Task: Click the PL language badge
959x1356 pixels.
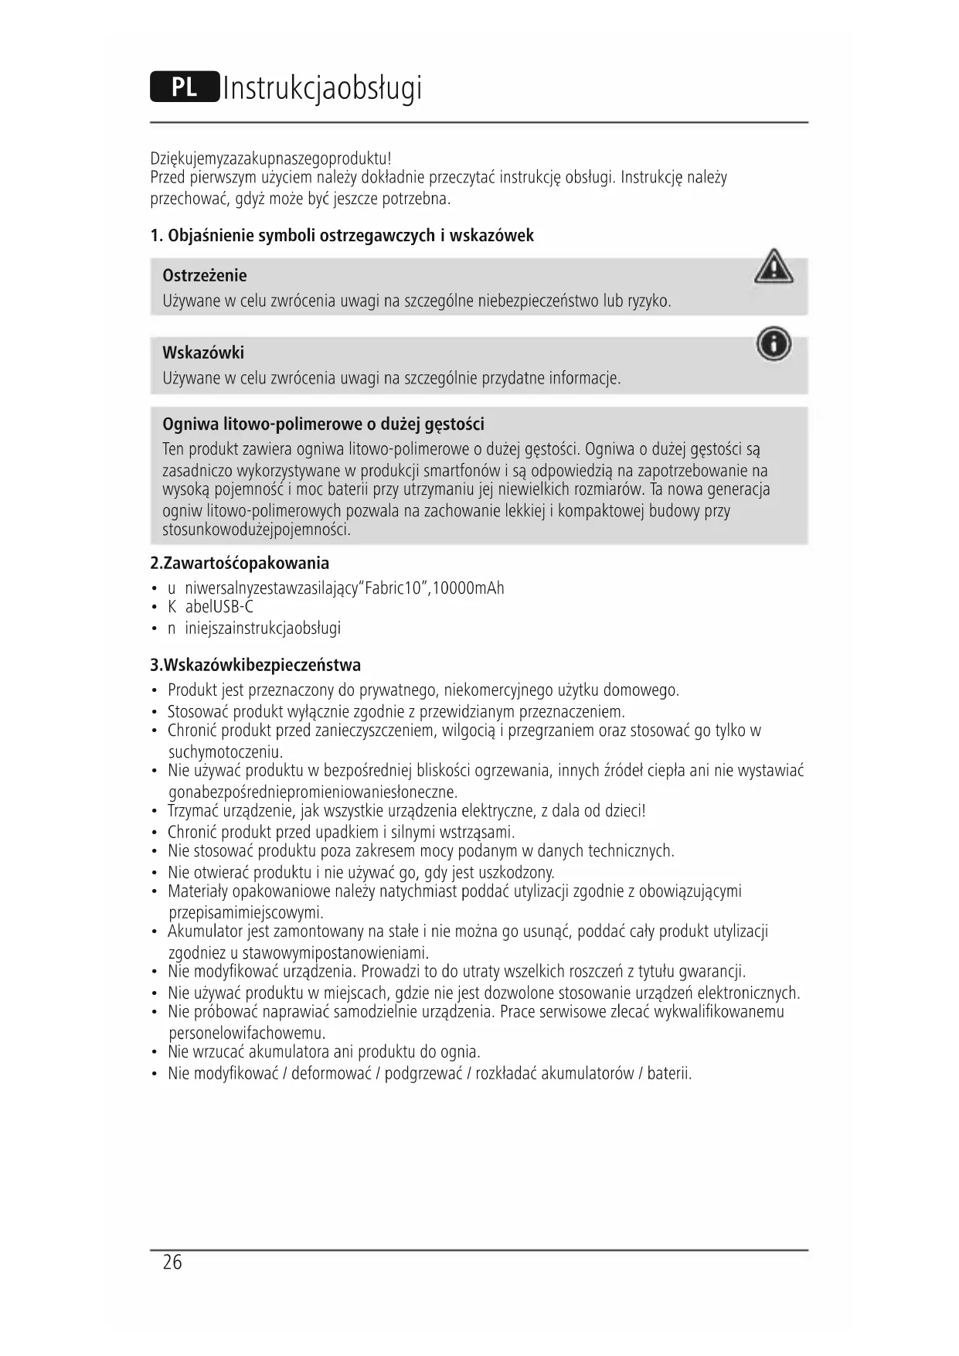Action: click(x=185, y=87)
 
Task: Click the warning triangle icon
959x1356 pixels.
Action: click(x=773, y=267)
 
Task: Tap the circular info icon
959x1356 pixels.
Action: click(x=774, y=344)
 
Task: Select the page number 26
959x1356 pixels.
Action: click(x=172, y=1262)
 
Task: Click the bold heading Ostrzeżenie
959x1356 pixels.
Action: click(x=205, y=276)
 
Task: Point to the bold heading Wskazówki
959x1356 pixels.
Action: click(x=203, y=353)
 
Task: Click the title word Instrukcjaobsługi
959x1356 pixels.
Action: click(x=322, y=88)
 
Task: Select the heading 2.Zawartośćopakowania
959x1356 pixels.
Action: click(x=240, y=563)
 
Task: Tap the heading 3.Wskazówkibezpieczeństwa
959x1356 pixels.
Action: click(x=255, y=665)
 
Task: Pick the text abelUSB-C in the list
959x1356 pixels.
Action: click(x=219, y=607)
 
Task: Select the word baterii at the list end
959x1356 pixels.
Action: click(x=668, y=1073)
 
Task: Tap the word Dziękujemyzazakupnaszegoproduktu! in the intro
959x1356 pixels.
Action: click(x=270, y=158)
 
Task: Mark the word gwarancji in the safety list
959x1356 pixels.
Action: click(x=714, y=972)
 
